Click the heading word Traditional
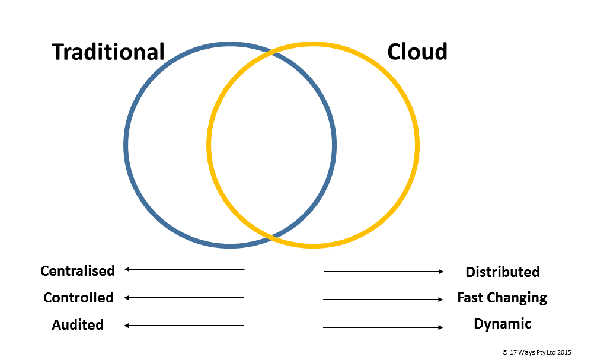click(x=108, y=52)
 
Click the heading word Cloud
click(x=417, y=52)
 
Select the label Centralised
click(x=78, y=271)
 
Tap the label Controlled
click(x=78, y=298)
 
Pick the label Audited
click(x=78, y=325)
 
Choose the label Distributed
click(x=503, y=272)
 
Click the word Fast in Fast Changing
click(x=471, y=298)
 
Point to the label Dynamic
click(x=503, y=324)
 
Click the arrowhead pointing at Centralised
click(x=127, y=269)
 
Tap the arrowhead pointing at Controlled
click(x=127, y=297)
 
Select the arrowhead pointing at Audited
click(x=127, y=325)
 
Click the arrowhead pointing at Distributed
click(x=440, y=272)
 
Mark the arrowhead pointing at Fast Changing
click(x=440, y=300)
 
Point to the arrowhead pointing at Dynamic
click(x=440, y=327)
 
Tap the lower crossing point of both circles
click(x=271, y=237)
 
